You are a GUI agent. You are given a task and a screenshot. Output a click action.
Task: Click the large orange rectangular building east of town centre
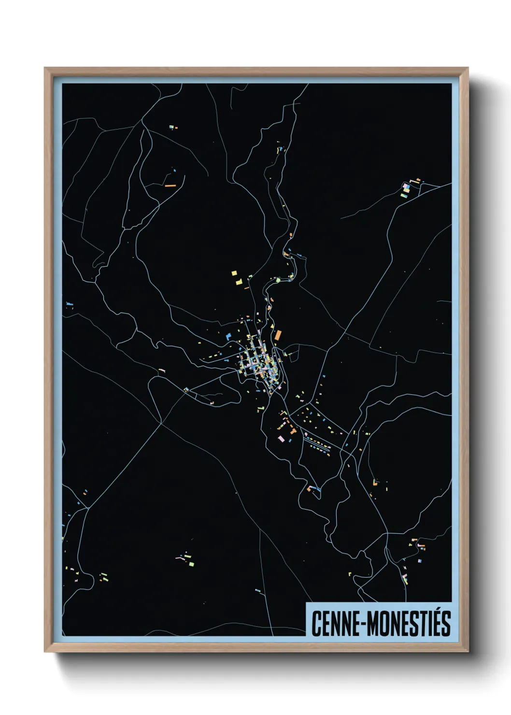click(278, 335)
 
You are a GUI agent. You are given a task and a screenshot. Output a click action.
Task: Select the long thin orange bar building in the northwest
click(170, 185)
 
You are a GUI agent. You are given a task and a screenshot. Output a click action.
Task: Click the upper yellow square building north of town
click(235, 273)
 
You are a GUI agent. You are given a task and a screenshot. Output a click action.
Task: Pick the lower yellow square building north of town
click(239, 281)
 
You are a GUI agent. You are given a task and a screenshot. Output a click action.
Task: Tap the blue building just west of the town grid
click(228, 336)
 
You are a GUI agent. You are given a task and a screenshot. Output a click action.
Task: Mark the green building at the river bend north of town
click(278, 280)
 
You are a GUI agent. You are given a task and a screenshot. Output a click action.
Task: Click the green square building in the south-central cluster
click(191, 564)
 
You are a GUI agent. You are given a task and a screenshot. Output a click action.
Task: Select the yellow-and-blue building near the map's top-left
click(171, 128)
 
